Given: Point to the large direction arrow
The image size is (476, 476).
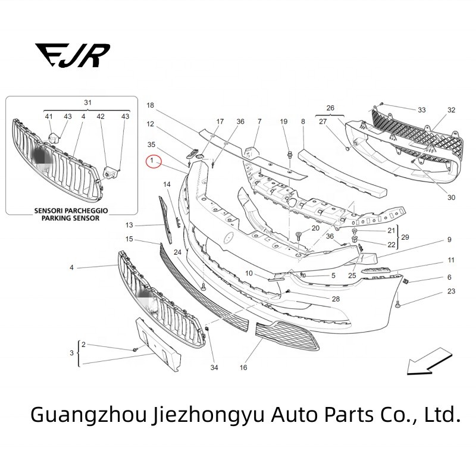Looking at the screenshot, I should tap(426, 361).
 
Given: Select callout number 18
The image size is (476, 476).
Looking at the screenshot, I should tap(150, 105).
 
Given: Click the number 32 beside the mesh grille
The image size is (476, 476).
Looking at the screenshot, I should tap(451, 110).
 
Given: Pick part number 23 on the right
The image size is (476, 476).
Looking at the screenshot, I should tap(451, 291).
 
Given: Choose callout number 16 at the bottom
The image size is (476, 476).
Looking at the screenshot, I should tap(243, 368).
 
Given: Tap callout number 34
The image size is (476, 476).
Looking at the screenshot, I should tap(214, 368).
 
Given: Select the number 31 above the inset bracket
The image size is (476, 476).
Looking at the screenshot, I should tap(87, 103).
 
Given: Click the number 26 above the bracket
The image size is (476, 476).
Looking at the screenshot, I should tap(330, 108).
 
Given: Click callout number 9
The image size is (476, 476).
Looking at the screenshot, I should tap(450, 240).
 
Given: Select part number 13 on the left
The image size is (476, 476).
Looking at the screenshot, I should tap(129, 226).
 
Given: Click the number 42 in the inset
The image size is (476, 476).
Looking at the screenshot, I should tap(101, 117).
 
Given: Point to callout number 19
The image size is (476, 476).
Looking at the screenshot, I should tap(284, 121).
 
